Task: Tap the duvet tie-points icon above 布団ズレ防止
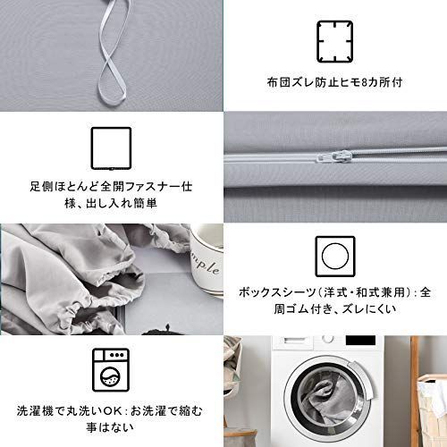334,39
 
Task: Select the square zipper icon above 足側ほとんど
111,148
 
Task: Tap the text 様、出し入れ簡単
111,204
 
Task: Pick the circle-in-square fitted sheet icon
334,257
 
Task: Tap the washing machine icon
111,366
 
